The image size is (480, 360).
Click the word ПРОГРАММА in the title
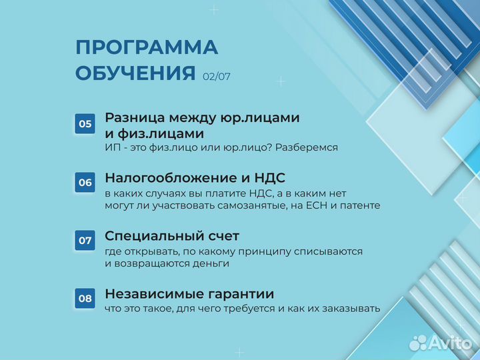tap(147, 48)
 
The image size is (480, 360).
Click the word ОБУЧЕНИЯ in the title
tap(135, 73)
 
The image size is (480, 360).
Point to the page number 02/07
tap(217, 77)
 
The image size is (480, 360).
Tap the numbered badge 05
tap(85, 124)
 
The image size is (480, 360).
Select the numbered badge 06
tap(85, 182)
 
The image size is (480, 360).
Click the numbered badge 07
tap(85, 240)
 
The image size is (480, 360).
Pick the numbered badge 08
tap(85, 298)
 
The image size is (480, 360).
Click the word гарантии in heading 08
tap(241, 294)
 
